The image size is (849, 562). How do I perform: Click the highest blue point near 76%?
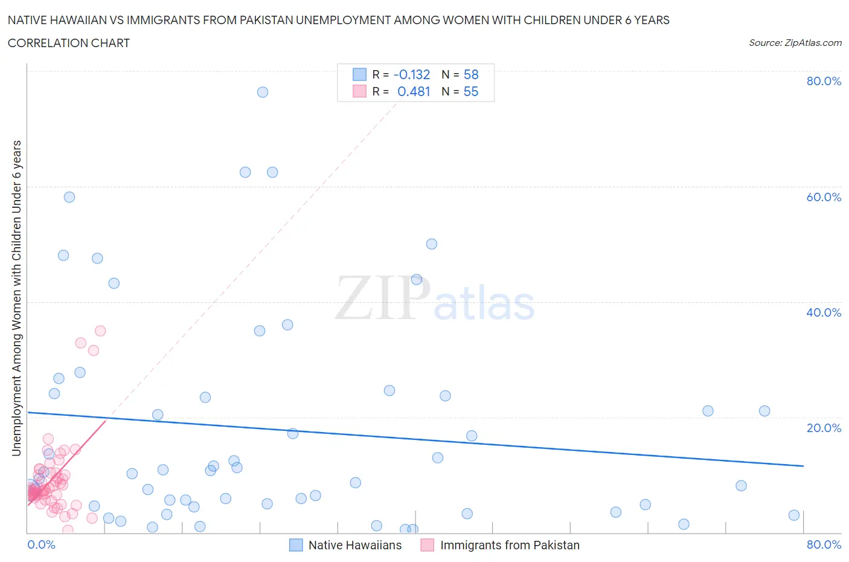point(262,92)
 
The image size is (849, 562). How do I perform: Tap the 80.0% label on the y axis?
point(824,81)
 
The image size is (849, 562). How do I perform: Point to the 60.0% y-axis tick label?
point(824,197)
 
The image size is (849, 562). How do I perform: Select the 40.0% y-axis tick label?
point(824,312)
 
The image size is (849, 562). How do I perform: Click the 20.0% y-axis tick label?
point(824,428)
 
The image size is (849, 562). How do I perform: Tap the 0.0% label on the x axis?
point(41,544)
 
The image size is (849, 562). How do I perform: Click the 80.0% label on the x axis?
point(824,544)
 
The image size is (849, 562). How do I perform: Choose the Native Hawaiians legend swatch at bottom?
point(296,545)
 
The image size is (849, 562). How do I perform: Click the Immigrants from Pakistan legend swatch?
point(428,545)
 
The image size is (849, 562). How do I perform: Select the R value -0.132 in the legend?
point(411,74)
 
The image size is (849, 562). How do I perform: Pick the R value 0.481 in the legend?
point(414,91)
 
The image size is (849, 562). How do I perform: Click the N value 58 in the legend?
point(471,74)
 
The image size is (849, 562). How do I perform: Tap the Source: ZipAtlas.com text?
point(795,42)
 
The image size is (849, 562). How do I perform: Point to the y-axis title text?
point(16,298)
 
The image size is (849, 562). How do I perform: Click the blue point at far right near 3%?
point(794,515)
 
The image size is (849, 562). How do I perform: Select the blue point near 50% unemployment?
point(432,244)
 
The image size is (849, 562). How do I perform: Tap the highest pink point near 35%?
point(100,331)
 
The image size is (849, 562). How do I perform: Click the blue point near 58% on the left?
point(69,197)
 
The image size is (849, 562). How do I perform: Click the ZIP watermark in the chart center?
point(382,297)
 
